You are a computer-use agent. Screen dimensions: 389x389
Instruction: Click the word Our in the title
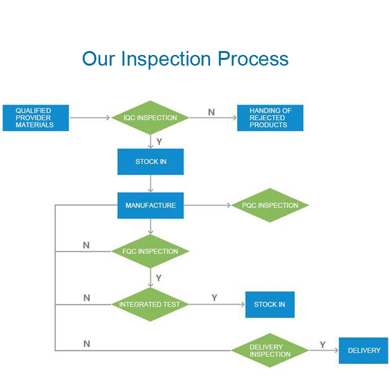tap(98, 59)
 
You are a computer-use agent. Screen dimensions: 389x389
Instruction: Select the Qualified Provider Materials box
tap(35, 118)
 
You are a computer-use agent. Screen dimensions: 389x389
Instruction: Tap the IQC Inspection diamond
tap(150, 118)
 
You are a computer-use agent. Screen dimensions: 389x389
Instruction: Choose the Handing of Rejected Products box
tap(270, 118)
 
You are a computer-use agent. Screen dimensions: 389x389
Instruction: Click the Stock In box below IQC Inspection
tap(150, 161)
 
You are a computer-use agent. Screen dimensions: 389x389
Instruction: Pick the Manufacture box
tap(150, 205)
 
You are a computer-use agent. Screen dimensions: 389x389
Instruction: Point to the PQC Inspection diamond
tap(270, 205)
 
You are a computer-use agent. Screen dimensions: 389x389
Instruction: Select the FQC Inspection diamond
tap(150, 251)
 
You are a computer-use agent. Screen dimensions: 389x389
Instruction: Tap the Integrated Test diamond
tap(150, 304)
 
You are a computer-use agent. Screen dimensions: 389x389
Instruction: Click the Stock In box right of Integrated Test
tap(269, 304)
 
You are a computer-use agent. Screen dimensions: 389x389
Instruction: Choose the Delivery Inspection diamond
tap(269, 351)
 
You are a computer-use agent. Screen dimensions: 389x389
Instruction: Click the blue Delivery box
tap(364, 351)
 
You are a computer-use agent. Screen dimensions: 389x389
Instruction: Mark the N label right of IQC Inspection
tap(211, 112)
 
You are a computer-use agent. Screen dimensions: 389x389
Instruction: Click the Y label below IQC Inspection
tap(159, 142)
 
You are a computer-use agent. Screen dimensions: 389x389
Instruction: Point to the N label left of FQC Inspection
tap(86, 245)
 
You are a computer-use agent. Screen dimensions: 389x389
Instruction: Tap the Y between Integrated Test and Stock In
tap(214, 298)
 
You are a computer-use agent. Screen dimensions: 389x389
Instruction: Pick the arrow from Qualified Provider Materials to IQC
tap(90, 118)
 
